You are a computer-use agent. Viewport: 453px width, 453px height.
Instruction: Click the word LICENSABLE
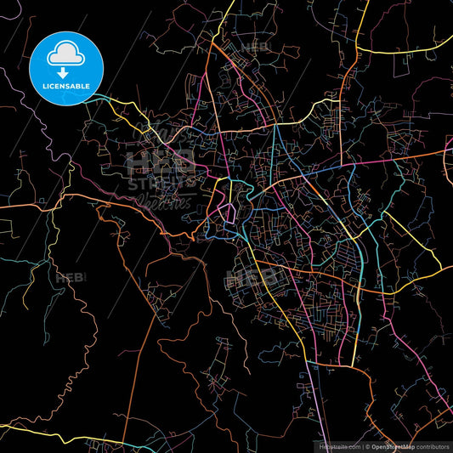pos(66,86)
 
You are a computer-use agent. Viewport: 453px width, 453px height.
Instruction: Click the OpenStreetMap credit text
pos(399,446)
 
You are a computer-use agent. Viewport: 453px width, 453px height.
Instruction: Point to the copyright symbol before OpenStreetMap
pos(367,446)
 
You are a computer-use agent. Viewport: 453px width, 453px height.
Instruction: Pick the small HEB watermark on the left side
pos(68,277)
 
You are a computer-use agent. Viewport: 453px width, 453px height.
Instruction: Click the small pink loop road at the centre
pos(227,212)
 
